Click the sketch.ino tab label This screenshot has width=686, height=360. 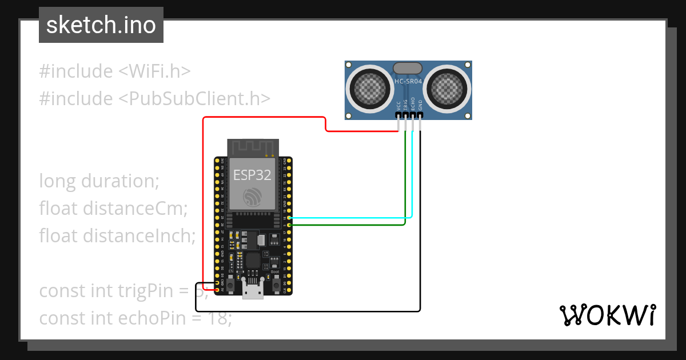[x=101, y=25]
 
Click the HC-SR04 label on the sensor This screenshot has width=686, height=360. [x=408, y=82]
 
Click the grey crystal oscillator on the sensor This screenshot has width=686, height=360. [x=408, y=69]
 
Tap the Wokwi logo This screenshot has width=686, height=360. [x=607, y=315]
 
